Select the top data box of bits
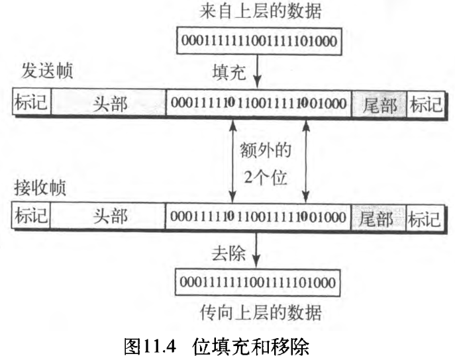[x=258, y=42]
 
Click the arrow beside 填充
[x=256, y=70]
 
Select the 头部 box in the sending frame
[x=108, y=103]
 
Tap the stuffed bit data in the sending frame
[x=258, y=103]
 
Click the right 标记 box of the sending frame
[x=425, y=103]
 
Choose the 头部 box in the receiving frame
[x=108, y=217]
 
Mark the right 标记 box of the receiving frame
[x=425, y=218]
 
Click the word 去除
[x=229, y=253]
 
